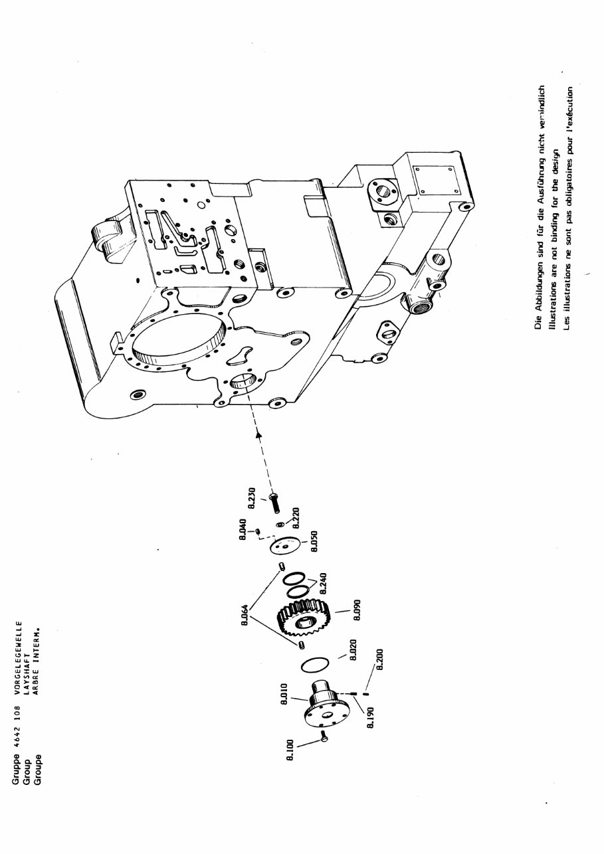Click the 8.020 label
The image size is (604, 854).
(353, 651)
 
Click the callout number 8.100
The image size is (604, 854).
(290, 751)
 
